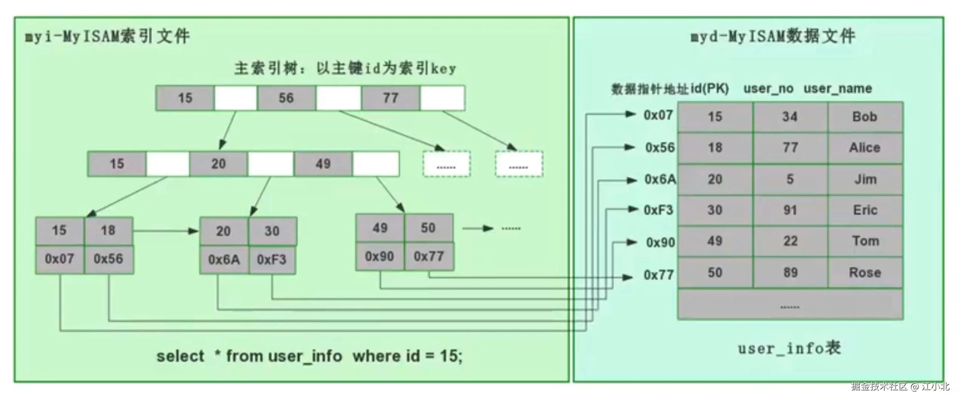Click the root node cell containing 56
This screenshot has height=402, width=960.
click(286, 98)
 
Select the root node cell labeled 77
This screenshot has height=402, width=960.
click(390, 98)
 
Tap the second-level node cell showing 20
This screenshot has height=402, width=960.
click(218, 164)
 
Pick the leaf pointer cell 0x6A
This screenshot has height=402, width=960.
click(224, 260)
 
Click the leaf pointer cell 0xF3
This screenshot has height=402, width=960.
click(272, 260)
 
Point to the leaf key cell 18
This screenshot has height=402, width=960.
click(108, 230)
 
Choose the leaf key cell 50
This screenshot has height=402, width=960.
click(428, 228)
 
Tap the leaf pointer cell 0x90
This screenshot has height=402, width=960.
click(380, 257)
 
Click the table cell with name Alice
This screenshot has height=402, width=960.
click(865, 148)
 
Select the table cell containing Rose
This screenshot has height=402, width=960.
click(865, 273)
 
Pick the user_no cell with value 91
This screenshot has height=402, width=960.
click(790, 210)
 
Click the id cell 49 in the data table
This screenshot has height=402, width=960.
click(715, 241)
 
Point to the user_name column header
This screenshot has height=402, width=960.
click(838, 89)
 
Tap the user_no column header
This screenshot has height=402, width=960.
click(768, 89)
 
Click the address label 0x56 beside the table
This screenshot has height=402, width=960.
click(660, 148)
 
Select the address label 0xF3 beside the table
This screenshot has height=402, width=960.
click(659, 210)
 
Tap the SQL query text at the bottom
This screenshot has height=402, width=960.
click(309, 356)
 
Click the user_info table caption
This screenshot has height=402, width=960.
click(789, 348)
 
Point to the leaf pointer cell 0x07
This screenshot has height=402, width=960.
click(60, 259)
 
